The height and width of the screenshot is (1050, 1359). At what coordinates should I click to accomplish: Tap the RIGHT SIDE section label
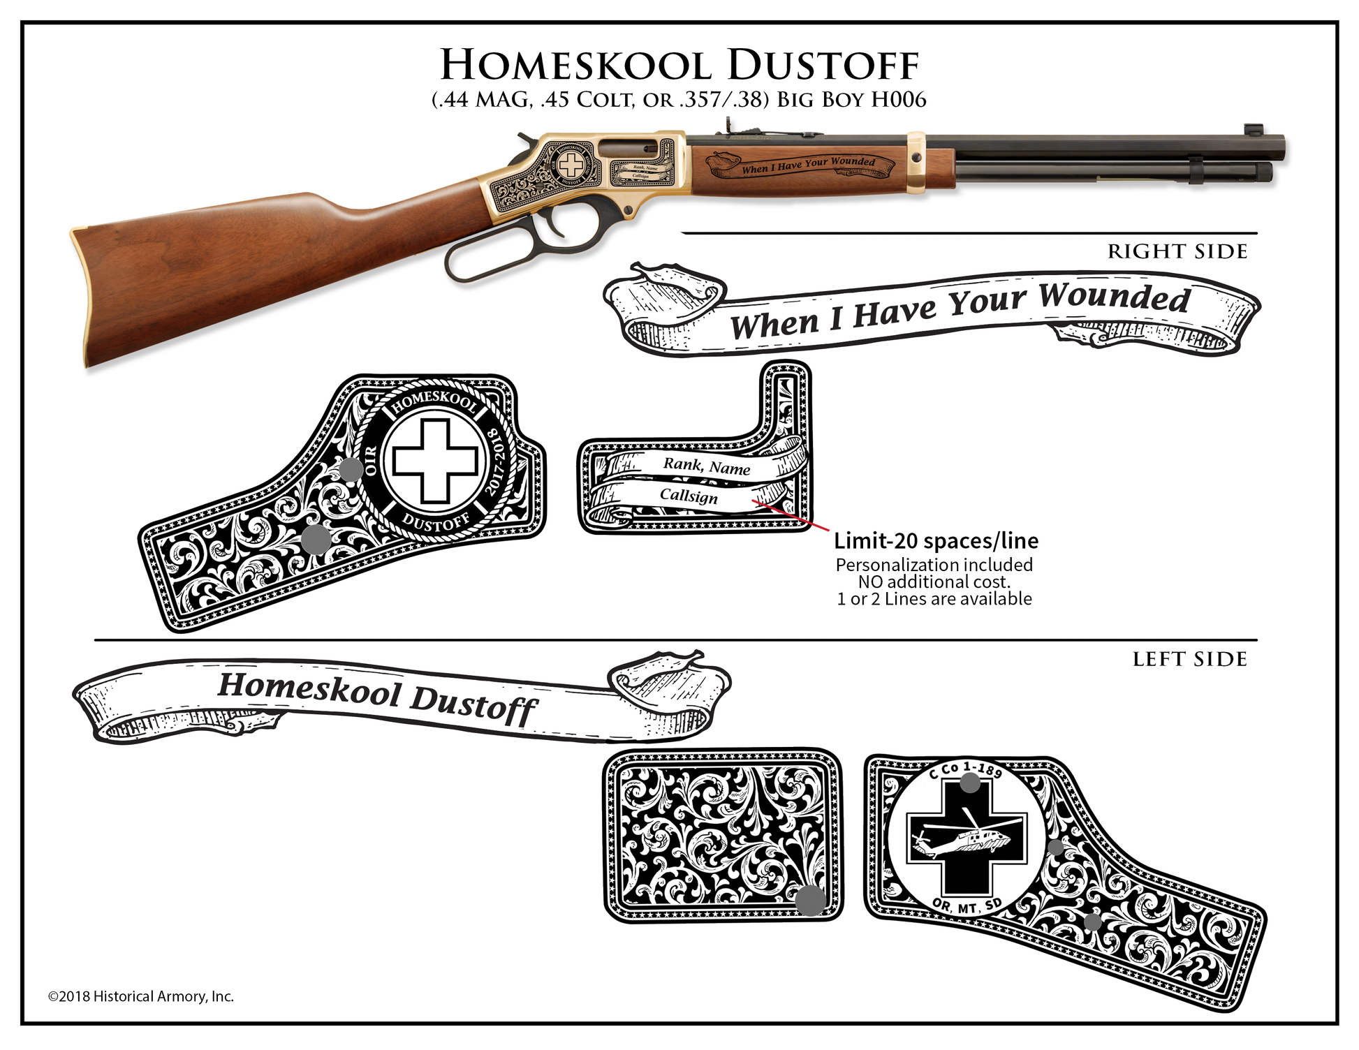tap(1177, 251)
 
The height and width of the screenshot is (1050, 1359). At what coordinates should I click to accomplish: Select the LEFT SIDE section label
tap(1189, 659)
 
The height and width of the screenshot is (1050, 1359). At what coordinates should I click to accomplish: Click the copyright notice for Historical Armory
tap(140, 996)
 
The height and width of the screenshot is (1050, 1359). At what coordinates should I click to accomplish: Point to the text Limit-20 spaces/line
tap(936, 540)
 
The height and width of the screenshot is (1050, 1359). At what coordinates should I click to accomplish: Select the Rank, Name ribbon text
tap(706, 466)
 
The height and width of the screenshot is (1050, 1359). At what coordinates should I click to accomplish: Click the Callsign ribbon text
tap(689, 496)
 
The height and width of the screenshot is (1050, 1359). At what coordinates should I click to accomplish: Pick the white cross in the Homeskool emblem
tap(434, 461)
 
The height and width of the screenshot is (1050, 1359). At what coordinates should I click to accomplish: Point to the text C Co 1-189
tap(966, 769)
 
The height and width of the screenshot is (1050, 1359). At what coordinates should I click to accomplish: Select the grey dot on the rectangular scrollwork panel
tap(810, 900)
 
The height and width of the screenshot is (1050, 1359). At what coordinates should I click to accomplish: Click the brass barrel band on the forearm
tap(916, 161)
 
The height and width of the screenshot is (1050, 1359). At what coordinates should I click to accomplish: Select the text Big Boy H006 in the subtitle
tap(851, 100)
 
